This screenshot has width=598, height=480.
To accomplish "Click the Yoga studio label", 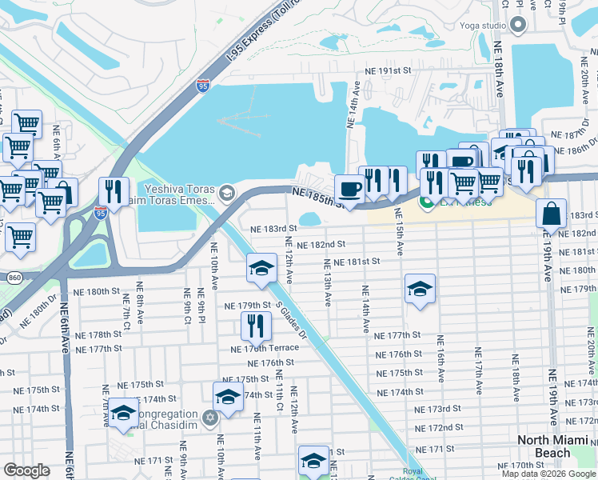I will (482, 26).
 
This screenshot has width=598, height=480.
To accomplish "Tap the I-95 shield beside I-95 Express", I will (203, 85).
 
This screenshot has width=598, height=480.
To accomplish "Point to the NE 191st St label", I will (388, 70).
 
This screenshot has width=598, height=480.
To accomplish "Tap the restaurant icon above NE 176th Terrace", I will (256, 325).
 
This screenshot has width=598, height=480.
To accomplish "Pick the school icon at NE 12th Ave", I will (261, 268).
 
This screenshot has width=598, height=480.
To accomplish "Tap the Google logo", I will (26, 470).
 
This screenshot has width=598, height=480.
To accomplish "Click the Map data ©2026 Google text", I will (548, 474).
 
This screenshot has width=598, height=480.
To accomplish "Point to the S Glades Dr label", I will (291, 321).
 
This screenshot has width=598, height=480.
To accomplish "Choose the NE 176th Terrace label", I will (264, 349).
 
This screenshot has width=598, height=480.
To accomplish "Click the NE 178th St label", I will (98, 335).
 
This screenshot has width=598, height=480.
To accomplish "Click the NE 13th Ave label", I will (327, 282).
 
